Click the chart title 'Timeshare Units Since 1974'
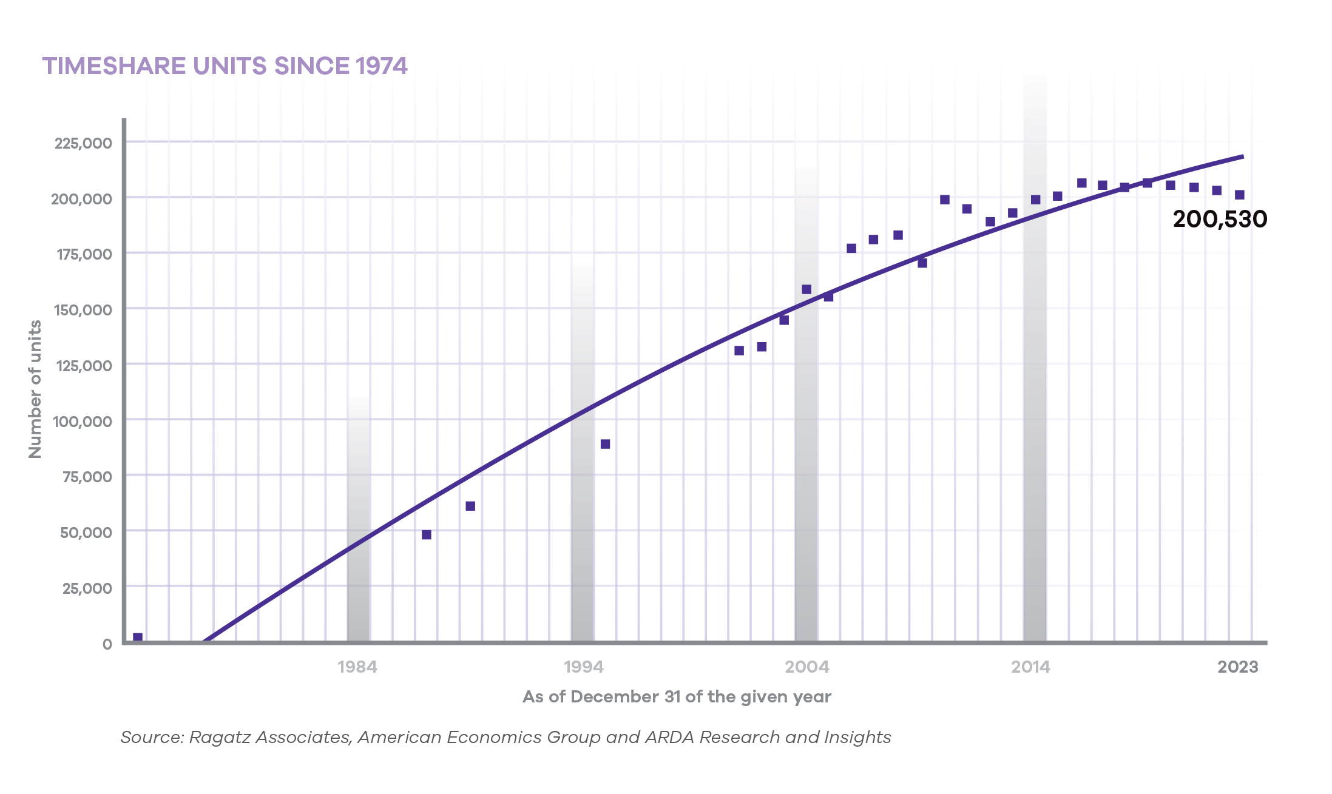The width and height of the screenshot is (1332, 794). [x=225, y=66]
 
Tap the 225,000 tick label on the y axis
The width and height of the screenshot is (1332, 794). [x=83, y=143]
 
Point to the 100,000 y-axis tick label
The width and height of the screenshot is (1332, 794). [x=83, y=421]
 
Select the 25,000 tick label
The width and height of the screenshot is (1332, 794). [x=87, y=588]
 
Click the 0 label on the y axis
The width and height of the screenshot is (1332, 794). [x=107, y=644]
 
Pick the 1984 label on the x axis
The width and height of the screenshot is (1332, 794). [x=357, y=667]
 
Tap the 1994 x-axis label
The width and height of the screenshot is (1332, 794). [x=583, y=667]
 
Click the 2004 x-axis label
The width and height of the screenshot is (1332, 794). [x=806, y=667]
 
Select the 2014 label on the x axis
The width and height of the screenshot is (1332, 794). [x=1030, y=667]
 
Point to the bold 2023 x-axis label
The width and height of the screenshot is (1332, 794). [x=1237, y=667]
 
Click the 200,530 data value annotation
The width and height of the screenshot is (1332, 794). [x=1220, y=219]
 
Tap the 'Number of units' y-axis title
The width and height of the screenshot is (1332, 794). [x=35, y=389]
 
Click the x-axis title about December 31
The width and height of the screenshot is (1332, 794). [x=677, y=696]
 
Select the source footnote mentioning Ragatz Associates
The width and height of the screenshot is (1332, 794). [x=505, y=737]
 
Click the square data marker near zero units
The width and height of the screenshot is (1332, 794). [x=138, y=638]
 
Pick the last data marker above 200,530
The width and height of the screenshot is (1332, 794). [x=1240, y=195]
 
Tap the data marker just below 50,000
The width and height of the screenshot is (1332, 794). [x=427, y=534]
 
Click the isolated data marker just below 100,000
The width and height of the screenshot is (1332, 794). [x=605, y=444]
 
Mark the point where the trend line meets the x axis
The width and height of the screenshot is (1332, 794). [x=205, y=641]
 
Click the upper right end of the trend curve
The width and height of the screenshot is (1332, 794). [x=1243, y=156]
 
